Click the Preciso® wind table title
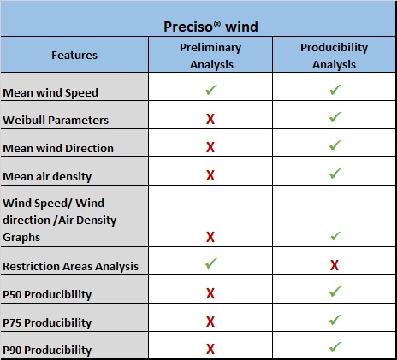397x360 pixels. tap(210, 27)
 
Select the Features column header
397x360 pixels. tap(74, 55)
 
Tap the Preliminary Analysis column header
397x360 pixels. tap(210, 56)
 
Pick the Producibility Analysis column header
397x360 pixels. tap(334, 56)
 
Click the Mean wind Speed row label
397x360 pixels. tap(50, 93)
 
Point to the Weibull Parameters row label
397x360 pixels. tap(56, 120)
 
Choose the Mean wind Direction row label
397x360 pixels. tap(58, 148)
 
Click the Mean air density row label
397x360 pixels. tap(47, 177)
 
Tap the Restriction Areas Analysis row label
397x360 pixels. tap(71, 266)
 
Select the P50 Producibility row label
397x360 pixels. tap(47, 294)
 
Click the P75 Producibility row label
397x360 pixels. tap(47, 322)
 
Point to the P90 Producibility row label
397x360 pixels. tap(47, 350)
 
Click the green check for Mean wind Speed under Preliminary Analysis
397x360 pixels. tap(211, 90)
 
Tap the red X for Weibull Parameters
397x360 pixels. tap(210, 119)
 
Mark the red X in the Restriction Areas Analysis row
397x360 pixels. tap(335, 265)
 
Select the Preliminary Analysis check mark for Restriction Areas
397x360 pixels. tap(211, 263)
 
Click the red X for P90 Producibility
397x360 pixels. tap(210, 349)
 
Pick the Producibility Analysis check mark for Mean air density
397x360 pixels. tap(335, 174)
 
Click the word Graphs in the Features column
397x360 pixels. tap(21, 238)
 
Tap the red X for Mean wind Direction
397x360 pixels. tap(210, 147)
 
